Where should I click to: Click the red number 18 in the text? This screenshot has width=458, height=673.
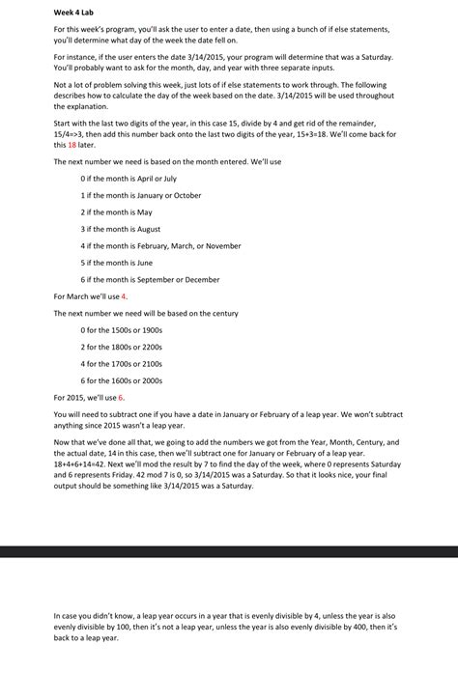point(72,145)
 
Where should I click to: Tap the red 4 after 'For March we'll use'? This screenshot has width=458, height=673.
point(124,295)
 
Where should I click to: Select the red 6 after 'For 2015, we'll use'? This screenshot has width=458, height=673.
point(121,397)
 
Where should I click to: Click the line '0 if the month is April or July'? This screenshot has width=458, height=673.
point(129,179)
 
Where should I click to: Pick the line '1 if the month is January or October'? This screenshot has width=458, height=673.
point(141,195)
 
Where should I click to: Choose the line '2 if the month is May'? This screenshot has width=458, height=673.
point(117,211)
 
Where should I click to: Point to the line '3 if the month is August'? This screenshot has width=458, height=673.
point(121,229)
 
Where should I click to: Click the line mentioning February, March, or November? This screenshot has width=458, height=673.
point(161,245)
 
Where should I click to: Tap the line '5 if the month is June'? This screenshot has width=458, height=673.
point(117,262)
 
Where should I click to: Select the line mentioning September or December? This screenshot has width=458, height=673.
point(151,279)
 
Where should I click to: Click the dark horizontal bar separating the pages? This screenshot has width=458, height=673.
point(229,550)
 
